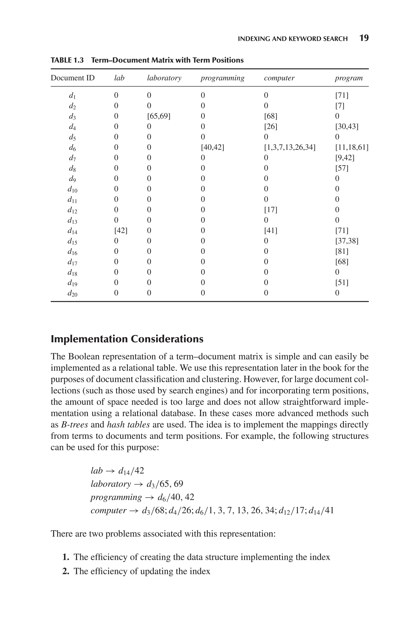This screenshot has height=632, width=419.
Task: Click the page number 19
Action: (364, 38)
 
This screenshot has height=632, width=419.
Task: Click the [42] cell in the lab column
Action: (121, 230)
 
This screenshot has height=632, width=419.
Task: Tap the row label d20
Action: (72, 293)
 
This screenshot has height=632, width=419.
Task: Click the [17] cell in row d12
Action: (270, 210)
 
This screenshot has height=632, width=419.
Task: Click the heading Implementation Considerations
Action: (127, 339)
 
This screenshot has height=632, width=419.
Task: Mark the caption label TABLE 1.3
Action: (67, 60)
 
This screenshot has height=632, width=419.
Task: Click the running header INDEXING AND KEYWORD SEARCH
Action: (293, 39)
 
